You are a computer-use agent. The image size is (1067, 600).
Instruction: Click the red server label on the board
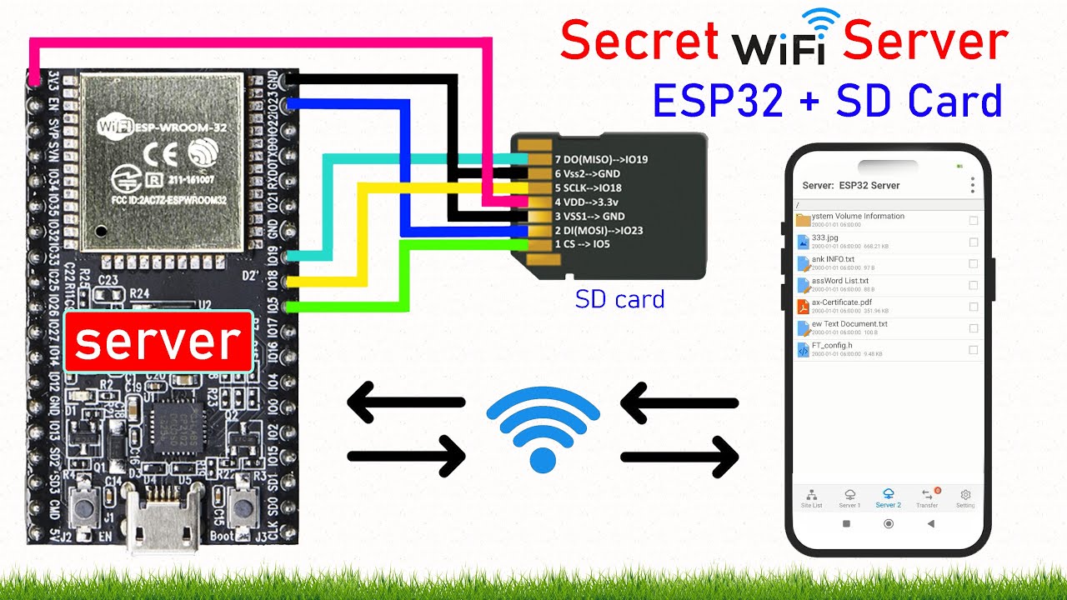pyautogui.click(x=158, y=341)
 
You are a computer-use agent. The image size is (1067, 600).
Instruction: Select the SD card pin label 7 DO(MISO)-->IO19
pyautogui.click(x=600, y=159)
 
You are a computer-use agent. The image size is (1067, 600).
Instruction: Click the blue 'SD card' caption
pyautogui.click(x=619, y=298)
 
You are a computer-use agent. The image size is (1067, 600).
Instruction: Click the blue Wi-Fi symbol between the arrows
pyautogui.click(x=543, y=429)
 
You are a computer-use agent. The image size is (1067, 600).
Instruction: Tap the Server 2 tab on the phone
pyautogui.click(x=888, y=498)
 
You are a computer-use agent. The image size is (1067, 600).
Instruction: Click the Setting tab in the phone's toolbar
pyautogui.click(x=965, y=498)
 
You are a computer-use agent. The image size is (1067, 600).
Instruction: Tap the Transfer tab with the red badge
pyautogui.click(x=927, y=498)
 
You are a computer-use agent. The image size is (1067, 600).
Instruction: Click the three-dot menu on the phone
pyautogui.click(x=972, y=185)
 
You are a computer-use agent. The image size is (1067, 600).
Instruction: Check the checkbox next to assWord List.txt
pyautogui.click(x=973, y=285)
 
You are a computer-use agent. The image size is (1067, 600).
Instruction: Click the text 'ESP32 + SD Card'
pyautogui.click(x=827, y=100)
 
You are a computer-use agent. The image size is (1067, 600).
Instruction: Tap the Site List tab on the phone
pyautogui.click(x=811, y=498)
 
